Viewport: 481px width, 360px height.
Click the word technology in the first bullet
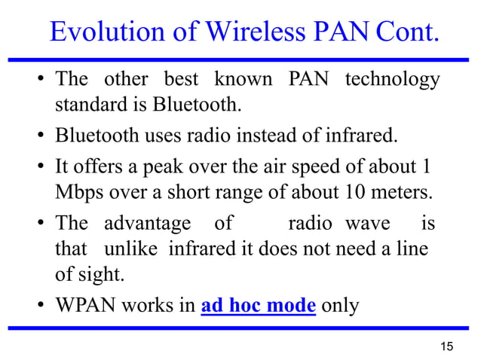pyautogui.click(x=392, y=80)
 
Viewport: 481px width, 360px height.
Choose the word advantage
pyautogui.click(x=147, y=224)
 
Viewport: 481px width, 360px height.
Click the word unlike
pyautogui.click(x=127, y=249)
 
